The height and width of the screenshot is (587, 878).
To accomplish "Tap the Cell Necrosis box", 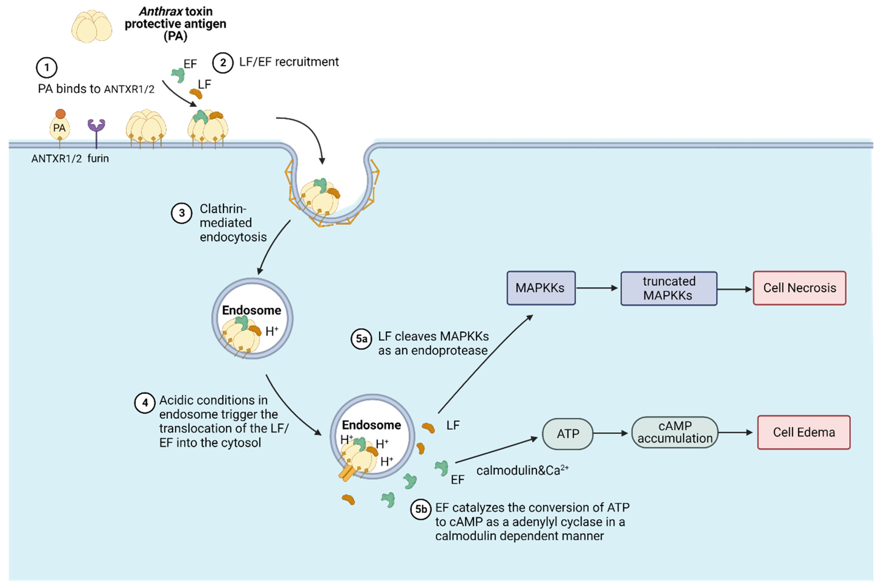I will [x=799, y=288].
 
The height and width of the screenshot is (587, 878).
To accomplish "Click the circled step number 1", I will [x=46, y=67].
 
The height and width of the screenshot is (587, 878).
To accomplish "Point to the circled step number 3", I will [x=182, y=213].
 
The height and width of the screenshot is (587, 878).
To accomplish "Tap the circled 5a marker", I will [x=361, y=339].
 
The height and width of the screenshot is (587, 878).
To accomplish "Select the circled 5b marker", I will [x=421, y=509].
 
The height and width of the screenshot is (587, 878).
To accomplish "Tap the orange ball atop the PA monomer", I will [x=60, y=114].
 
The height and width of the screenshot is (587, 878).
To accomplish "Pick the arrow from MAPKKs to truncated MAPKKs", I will [x=597, y=288].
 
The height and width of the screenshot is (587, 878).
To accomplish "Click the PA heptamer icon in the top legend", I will [x=92, y=26].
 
